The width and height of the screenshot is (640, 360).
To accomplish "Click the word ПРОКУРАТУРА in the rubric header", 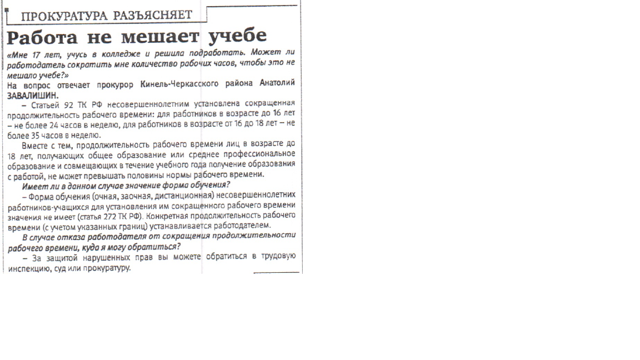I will [65, 16].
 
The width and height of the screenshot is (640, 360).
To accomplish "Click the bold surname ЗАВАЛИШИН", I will [32, 93].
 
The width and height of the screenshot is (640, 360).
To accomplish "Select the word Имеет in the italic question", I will [34, 185].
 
